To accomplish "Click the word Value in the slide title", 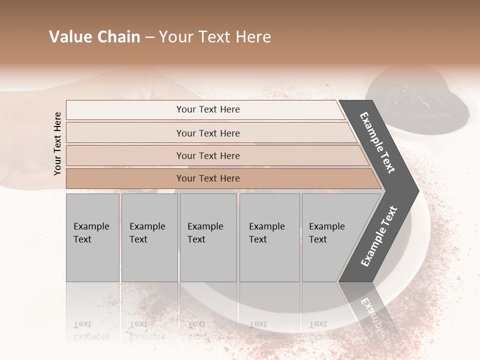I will tap(70, 37).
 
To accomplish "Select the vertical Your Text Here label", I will tap(57, 143).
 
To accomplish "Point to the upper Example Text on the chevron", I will tap(377, 142).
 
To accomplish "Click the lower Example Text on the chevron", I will tap(379, 236).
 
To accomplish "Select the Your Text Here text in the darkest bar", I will tap(208, 178).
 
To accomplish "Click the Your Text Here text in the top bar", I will tap(208, 109).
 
